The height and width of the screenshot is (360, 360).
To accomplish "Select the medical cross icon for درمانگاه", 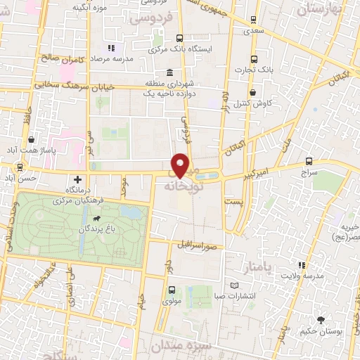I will tap(77, 180).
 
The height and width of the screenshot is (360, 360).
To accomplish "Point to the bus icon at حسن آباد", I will tap(19, 167).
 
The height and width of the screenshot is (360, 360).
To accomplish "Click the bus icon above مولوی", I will tap(172, 290).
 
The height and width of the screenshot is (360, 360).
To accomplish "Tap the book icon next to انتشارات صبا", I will tap(235, 285).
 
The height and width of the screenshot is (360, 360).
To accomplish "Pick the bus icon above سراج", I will tap(310, 161).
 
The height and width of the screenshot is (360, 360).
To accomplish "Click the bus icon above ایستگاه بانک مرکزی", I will tap(179, 39).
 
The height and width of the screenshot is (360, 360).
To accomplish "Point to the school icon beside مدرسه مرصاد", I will tap(112, 47).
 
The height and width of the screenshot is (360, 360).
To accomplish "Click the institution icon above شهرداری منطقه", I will tap(169, 72).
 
